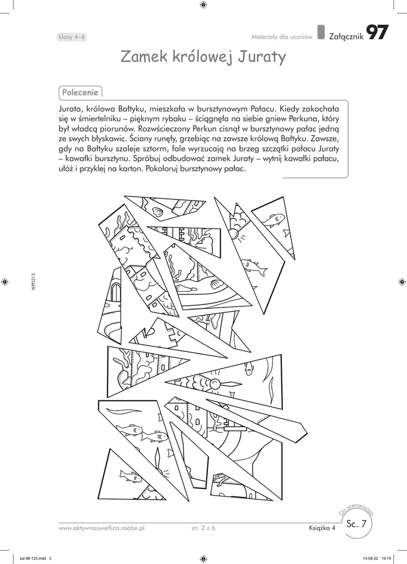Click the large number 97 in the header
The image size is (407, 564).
click(x=377, y=33)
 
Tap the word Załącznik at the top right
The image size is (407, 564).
click(x=345, y=36)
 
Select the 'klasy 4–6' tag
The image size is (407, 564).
click(x=71, y=37)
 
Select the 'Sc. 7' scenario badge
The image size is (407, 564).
click(x=356, y=524)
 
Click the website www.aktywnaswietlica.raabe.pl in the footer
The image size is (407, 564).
click(x=101, y=528)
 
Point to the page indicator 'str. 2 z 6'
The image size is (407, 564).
click(x=199, y=528)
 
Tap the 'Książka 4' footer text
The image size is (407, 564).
click(x=322, y=528)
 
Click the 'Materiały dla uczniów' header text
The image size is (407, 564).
click(x=282, y=37)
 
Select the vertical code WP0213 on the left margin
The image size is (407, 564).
click(x=34, y=281)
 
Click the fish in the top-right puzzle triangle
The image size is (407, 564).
click(x=272, y=220)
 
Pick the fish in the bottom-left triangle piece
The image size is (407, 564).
click(x=130, y=474)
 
